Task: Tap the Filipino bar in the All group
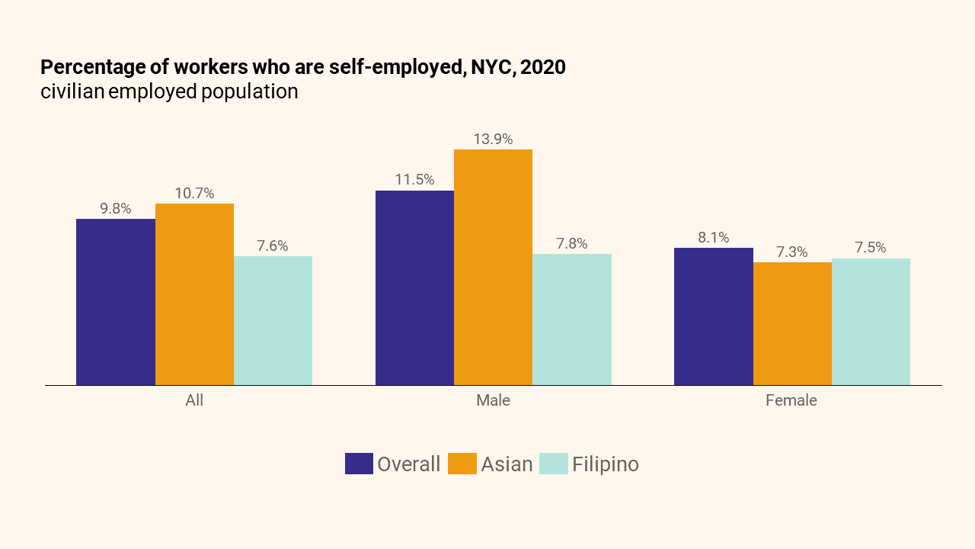click(x=273, y=320)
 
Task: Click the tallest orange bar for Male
click(x=493, y=267)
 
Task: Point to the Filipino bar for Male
click(x=572, y=319)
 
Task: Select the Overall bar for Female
click(x=714, y=316)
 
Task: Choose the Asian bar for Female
click(x=792, y=323)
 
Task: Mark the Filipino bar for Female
click(x=871, y=322)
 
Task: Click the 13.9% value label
click(x=493, y=140)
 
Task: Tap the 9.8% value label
click(x=116, y=208)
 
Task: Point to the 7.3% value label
click(x=792, y=252)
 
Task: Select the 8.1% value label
click(x=714, y=238)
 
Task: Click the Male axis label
click(x=493, y=400)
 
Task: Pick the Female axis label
click(x=791, y=400)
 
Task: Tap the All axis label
click(x=194, y=400)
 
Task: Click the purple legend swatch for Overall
click(x=359, y=464)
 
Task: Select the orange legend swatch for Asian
click(x=462, y=464)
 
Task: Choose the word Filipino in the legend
click(x=606, y=464)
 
